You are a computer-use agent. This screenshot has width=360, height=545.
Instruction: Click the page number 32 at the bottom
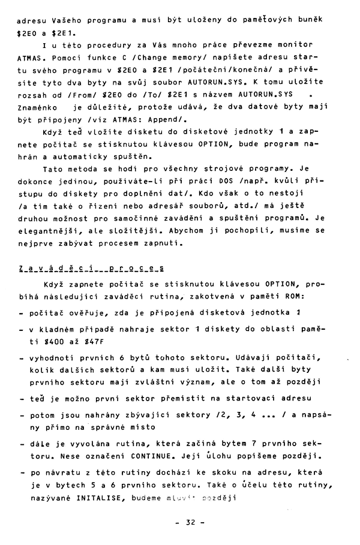[x=187, y=522]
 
